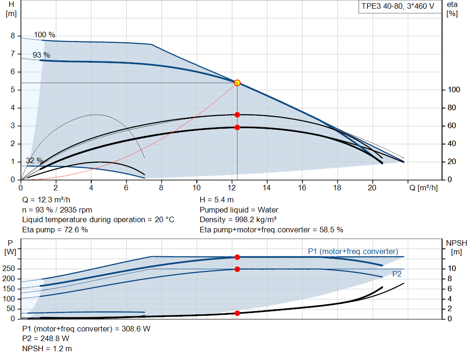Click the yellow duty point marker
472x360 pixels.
(237, 83)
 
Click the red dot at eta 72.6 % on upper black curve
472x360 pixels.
(237, 114)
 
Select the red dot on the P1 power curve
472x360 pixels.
(237, 257)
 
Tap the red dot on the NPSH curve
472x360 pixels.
(237, 313)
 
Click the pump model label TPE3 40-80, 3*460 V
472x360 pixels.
(397, 7)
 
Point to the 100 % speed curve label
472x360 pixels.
(45, 35)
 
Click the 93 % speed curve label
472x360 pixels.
(41, 55)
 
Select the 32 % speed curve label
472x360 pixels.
(35, 161)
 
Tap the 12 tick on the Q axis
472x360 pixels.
(231, 188)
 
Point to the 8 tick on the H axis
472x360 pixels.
(13, 36)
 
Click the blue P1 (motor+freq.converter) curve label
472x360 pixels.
(353, 251)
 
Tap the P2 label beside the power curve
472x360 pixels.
(397, 274)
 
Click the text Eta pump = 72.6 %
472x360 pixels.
(55, 230)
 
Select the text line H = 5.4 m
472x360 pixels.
(217, 200)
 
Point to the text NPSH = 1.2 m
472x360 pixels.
(47, 349)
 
